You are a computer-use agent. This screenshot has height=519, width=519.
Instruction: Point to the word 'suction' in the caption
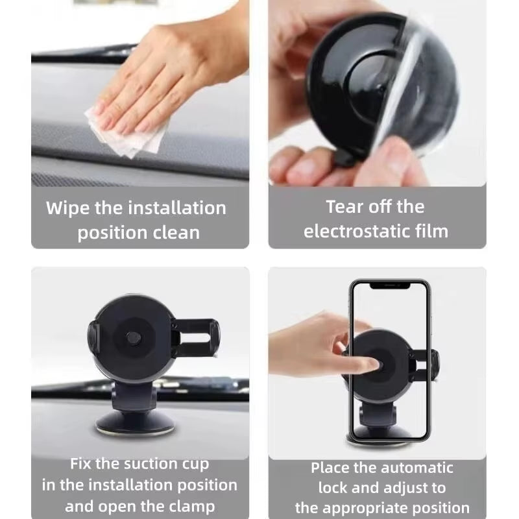point(143,464)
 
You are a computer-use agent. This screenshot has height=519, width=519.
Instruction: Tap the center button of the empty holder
point(134,338)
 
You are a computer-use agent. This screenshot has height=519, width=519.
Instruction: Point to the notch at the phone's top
point(389,285)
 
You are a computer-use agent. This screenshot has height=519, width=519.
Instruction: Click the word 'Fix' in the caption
point(82,464)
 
